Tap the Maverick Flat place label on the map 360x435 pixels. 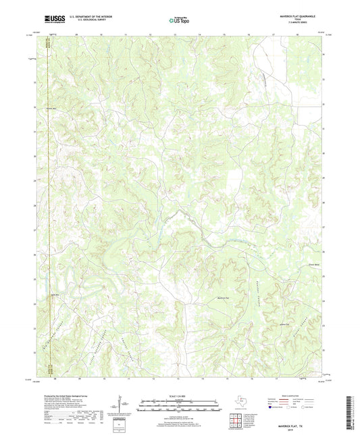[224, 297]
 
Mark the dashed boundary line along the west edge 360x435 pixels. [49, 203]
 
